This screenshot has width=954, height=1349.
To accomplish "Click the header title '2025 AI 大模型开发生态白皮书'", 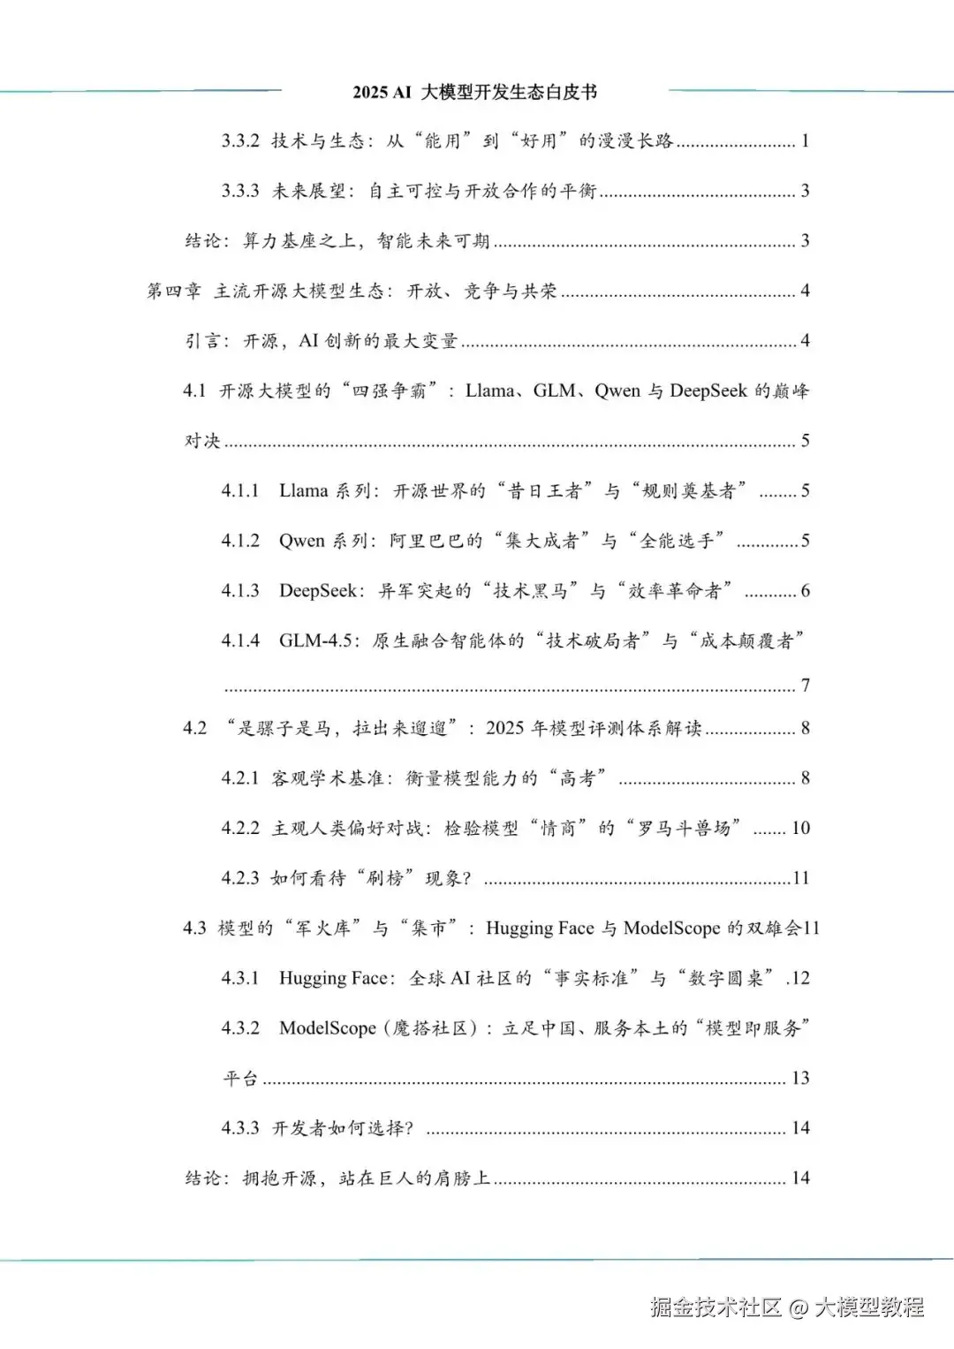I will (x=474, y=92).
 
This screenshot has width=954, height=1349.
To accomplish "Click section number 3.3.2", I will (x=240, y=140).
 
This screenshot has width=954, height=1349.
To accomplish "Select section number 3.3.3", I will (x=240, y=191).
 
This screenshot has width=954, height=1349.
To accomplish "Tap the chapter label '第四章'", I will (x=173, y=291).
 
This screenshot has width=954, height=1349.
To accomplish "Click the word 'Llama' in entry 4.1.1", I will (x=303, y=490).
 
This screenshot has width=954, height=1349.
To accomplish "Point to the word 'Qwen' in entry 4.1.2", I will (x=302, y=541).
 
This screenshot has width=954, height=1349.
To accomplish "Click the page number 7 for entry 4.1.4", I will (x=805, y=685).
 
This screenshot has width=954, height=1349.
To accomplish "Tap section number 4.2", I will (x=194, y=728).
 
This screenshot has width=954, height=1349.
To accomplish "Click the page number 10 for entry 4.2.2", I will (x=800, y=828).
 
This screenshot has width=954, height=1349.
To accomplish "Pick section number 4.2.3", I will (x=240, y=878).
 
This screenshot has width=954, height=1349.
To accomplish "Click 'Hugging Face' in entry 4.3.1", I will (x=333, y=978).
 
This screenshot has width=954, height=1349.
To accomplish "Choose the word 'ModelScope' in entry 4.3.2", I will (x=328, y=1028).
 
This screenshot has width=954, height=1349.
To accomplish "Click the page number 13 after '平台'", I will (x=800, y=1078).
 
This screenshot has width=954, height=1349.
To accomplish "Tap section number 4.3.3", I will (x=240, y=1128).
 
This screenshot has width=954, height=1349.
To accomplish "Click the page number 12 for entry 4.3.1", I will (x=800, y=978).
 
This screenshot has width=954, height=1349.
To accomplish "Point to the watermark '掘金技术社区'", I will (x=716, y=1307).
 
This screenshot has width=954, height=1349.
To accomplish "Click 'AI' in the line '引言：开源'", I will (x=308, y=341).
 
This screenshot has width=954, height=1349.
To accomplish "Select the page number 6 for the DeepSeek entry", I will (x=805, y=590).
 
